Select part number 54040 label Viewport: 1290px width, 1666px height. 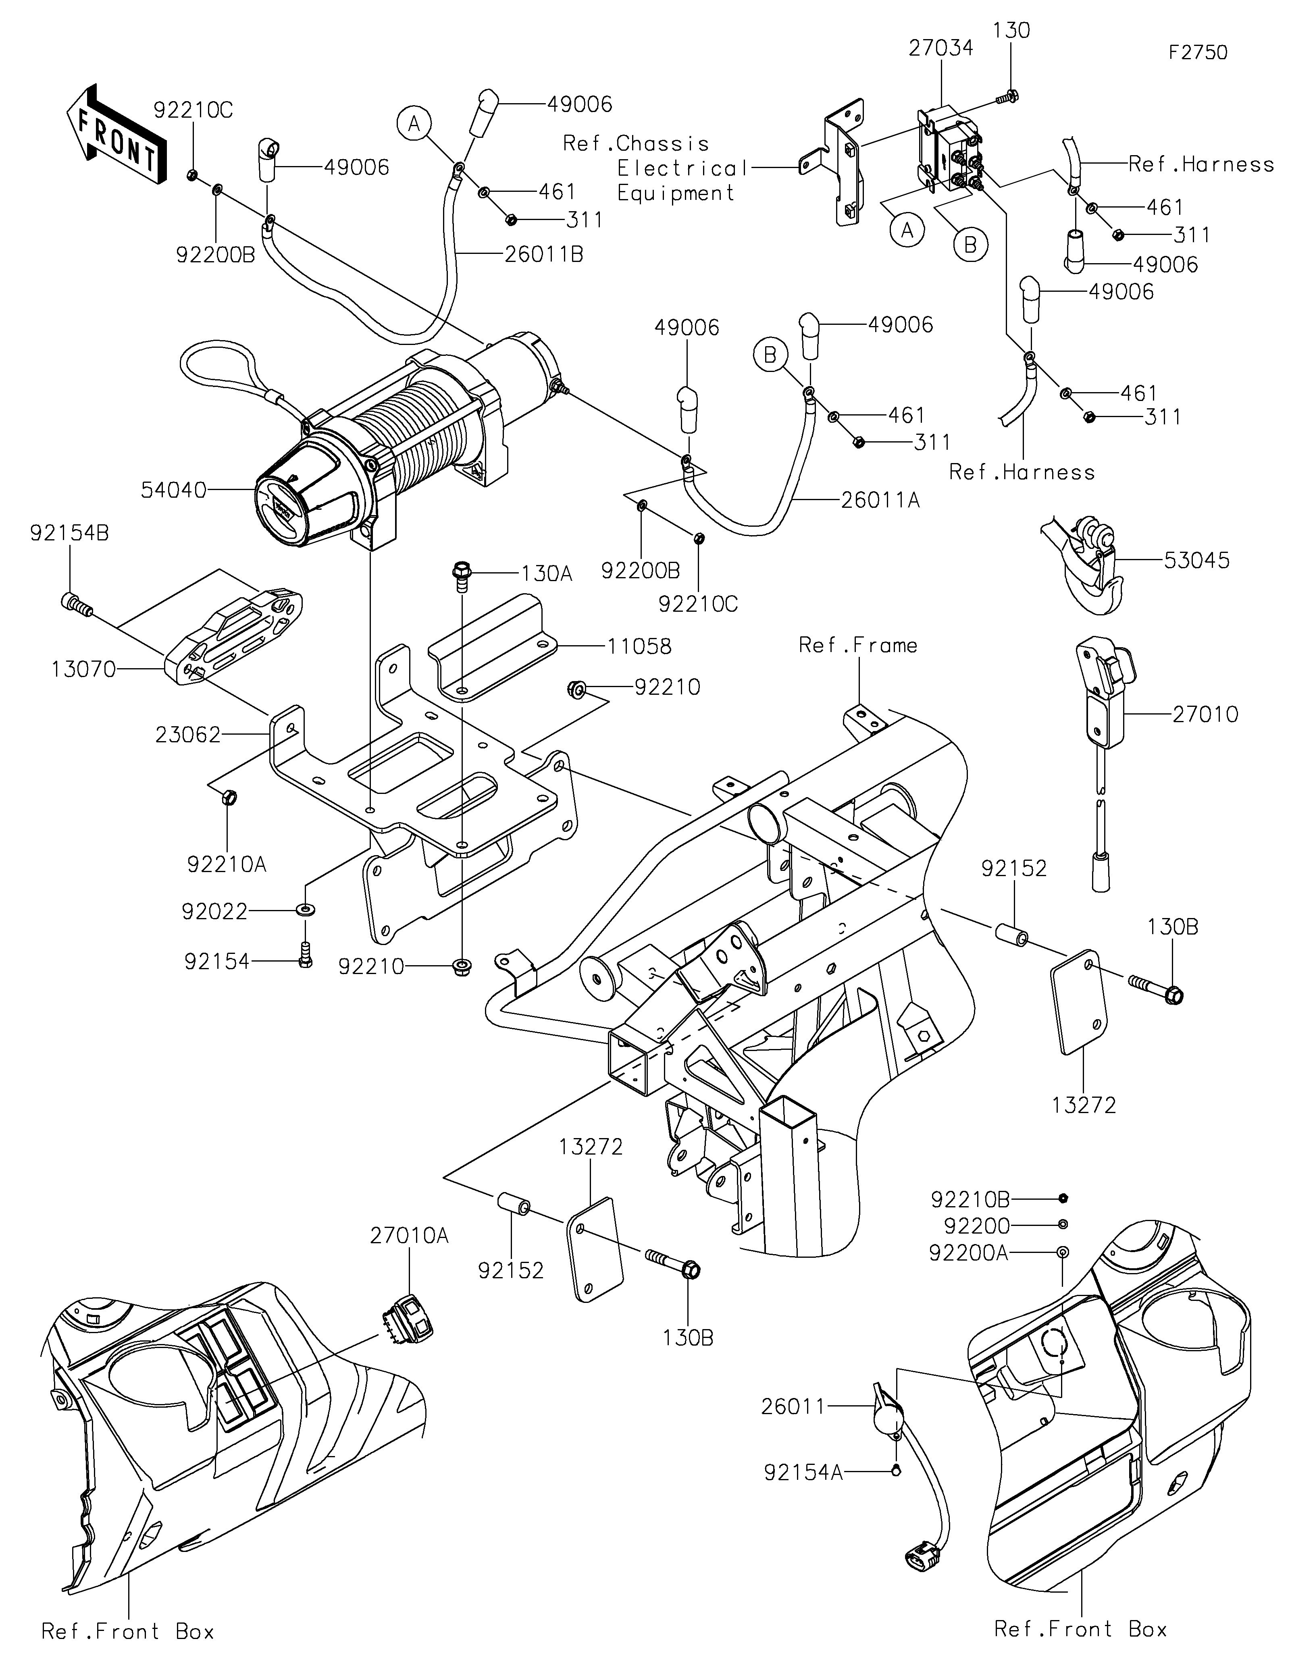(x=174, y=490)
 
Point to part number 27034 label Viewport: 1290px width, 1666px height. (x=940, y=48)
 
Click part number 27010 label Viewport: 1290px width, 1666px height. (x=1205, y=715)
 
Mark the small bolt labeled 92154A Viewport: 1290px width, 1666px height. (x=897, y=1470)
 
